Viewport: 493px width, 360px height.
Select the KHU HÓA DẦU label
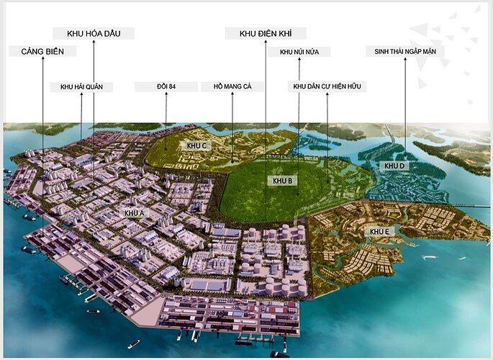pos(94,33)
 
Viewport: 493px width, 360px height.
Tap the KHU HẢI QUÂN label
pos(81,87)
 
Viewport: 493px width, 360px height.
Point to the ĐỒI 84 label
pos(166,87)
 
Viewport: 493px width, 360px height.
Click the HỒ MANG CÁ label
pos(232,87)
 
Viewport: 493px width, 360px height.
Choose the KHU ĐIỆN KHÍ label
pos(266,33)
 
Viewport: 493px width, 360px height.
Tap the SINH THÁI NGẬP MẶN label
pos(404,51)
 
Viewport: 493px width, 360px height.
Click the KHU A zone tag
pos(134,213)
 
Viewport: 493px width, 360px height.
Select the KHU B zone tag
pos(281,181)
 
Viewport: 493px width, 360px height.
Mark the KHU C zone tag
pos(196,145)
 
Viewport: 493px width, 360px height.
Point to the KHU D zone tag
pos(395,166)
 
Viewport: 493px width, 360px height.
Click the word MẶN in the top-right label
pos(433,51)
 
